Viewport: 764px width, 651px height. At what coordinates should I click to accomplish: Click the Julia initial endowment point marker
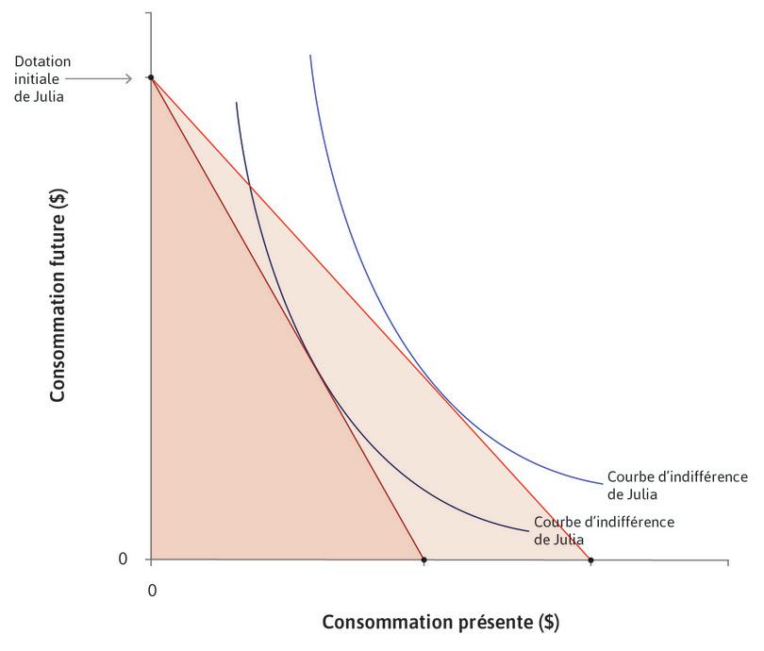coord(151,77)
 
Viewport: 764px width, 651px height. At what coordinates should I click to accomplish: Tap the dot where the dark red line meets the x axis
coord(424,560)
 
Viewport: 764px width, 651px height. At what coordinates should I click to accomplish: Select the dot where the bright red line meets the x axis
coord(590,560)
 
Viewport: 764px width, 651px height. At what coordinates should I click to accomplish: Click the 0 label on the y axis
coord(123,559)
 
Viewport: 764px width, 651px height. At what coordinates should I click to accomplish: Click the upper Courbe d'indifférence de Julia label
coord(677,484)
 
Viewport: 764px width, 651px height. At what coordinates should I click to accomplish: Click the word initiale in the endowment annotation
coord(37,78)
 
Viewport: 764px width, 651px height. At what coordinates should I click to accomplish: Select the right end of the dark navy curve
coord(527,530)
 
